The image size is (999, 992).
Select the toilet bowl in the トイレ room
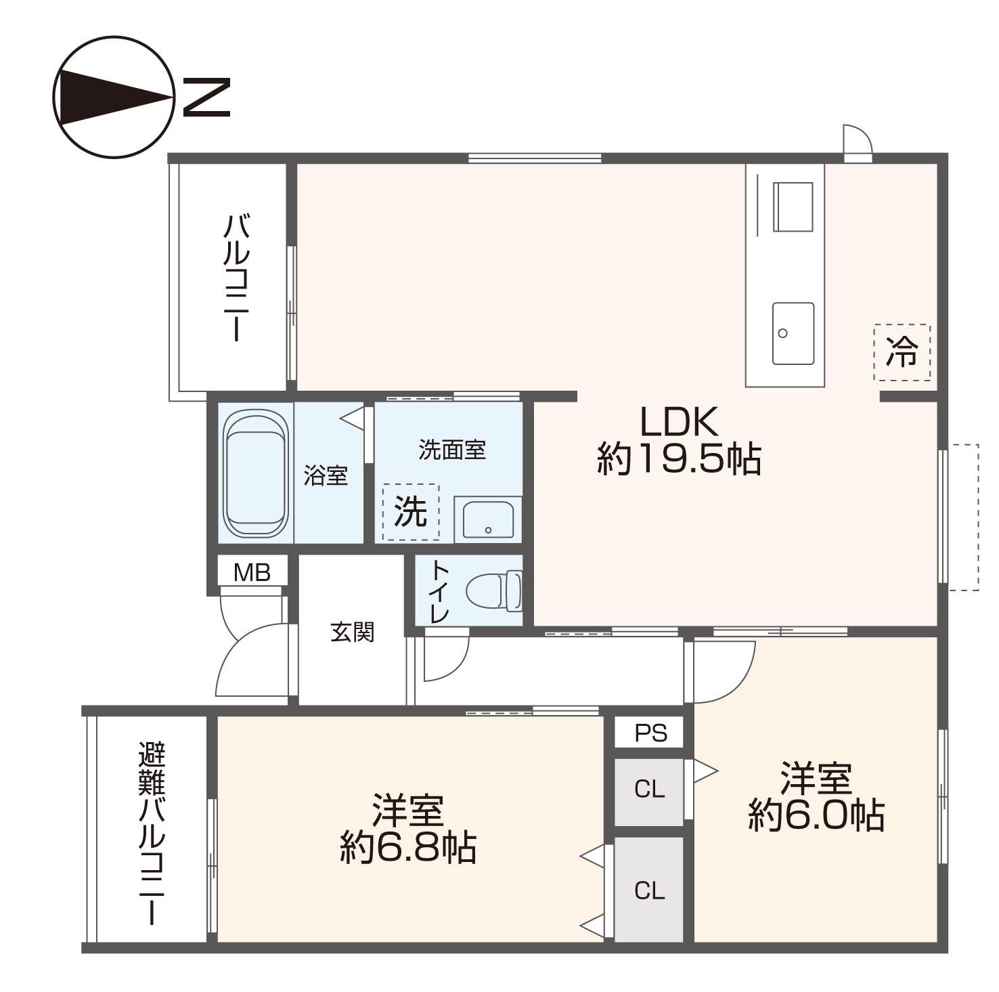pyautogui.click(x=494, y=590)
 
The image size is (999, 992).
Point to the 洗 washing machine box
pyautogui.click(x=411, y=512)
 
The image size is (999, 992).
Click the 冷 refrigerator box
pyautogui.click(x=902, y=353)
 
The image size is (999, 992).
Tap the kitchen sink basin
pyautogui.click(x=793, y=333)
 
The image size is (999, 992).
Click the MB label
pyautogui.click(x=252, y=573)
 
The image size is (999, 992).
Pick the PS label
pyautogui.click(x=650, y=733)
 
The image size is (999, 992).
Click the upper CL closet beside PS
pyautogui.click(x=648, y=790)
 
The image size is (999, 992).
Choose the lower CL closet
pyautogui.click(x=648, y=890)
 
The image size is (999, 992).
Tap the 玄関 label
pyautogui.click(x=352, y=632)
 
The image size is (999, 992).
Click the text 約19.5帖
pyautogui.click(x=679, y=459)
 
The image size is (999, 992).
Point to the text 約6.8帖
pyautogui.click(x=408, y=847)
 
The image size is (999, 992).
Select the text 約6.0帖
pyautogui.click(x=816, y=815)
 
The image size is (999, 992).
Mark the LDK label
pyautogui.click(x=679, y=422)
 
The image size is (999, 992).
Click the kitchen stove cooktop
pyautogui.click(x=793, y=207)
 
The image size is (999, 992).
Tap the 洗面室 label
pyautogui.click(x=452, y=450)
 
